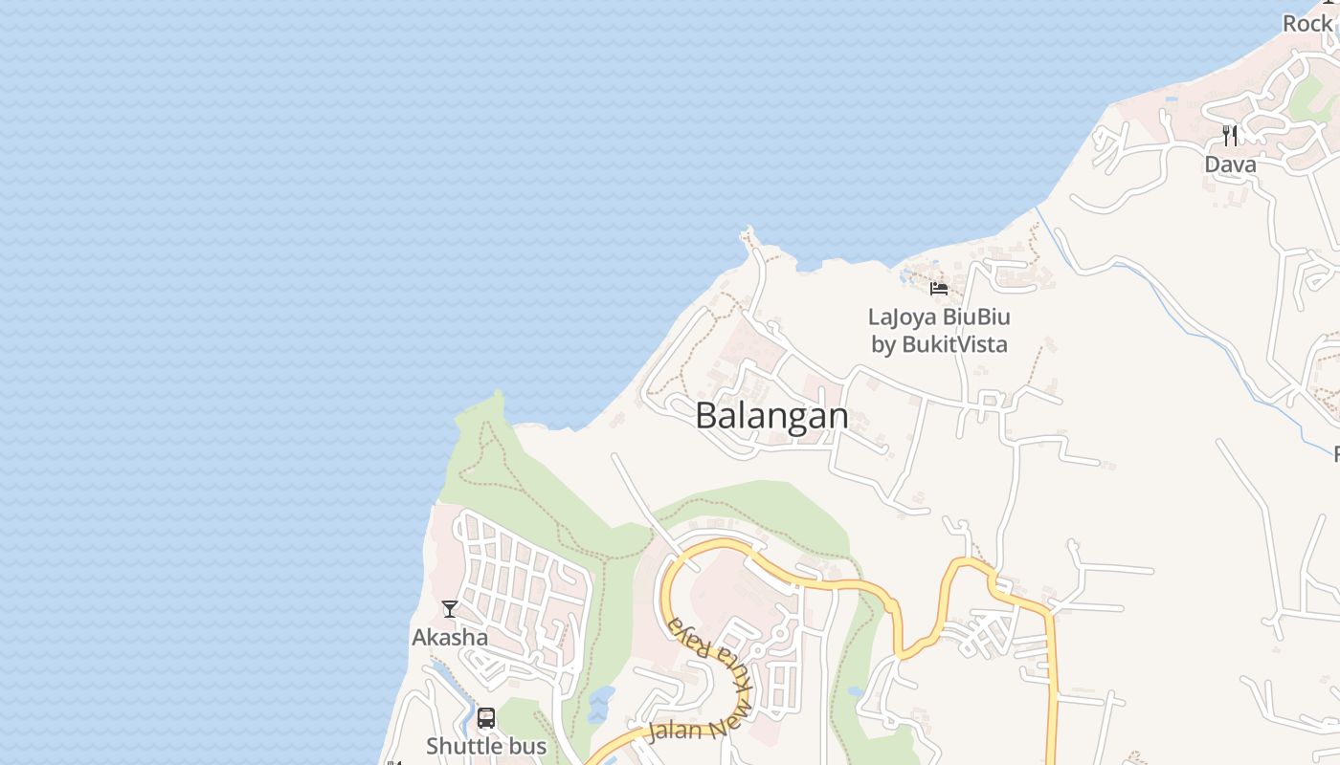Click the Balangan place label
[x=771, y=416]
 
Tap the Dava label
[x=1230, y=164]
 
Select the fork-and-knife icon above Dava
[x=1230, y=135]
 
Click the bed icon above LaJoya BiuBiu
[x=938, y=288]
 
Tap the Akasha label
[x=450, y=637]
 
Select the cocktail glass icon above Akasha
[x=450, y=608]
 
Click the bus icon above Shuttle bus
[x=486, y=718]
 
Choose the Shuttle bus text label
[x=486, y=746]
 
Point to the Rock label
[x=1307, y=24]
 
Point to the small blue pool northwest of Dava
[x=1171, y=98]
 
